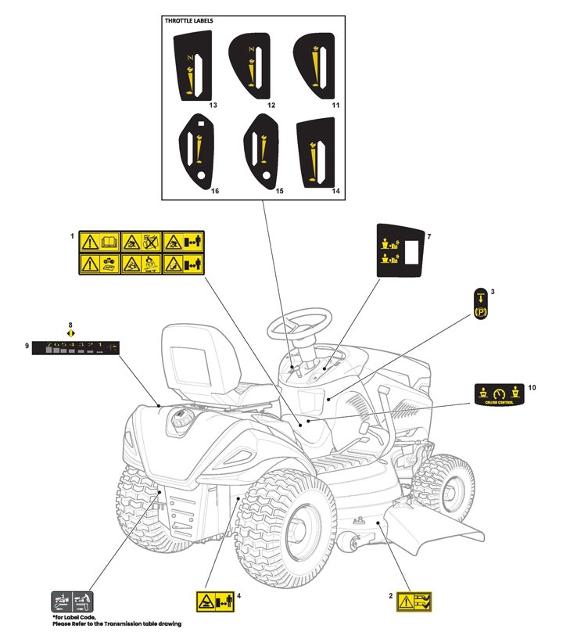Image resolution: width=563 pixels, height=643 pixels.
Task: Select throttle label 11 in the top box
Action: click(x=313, y=67)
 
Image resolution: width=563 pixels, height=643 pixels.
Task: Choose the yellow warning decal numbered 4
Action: click(x=213, y=602)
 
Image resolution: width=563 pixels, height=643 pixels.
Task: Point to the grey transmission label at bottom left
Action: click(x=73, y=602)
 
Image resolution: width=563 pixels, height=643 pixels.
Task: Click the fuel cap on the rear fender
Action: click(x=182, y=419)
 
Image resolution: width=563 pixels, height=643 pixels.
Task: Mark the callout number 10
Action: click(x=533, y=387)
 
